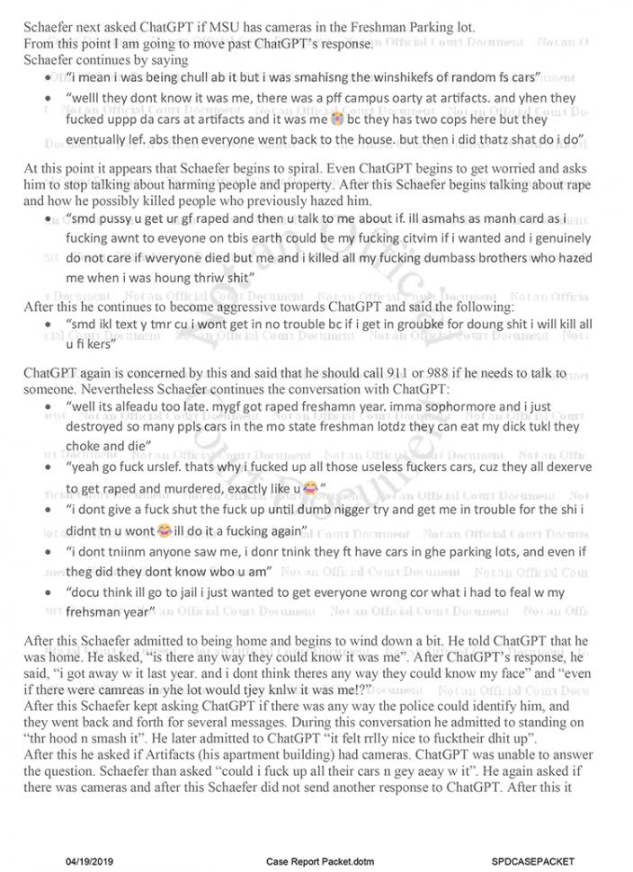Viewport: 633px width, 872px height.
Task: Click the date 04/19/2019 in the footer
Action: pyautogui.click(x=90, y=860)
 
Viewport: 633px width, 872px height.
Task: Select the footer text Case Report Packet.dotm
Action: pyautogui.click(x=314, y=860)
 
